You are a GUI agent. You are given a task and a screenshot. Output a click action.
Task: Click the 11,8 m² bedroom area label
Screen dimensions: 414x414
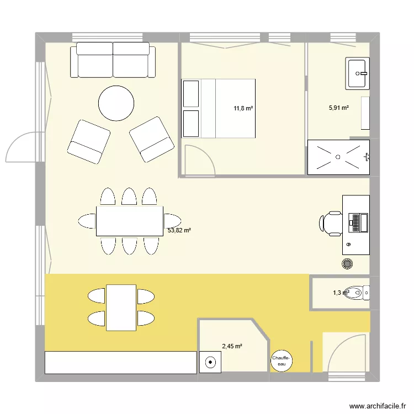(x=243, y=109)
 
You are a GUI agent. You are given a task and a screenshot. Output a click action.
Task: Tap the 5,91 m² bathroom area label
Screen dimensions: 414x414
(x=338, y=108)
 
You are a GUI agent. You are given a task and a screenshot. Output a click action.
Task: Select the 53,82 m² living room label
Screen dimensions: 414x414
(x=179, y=231)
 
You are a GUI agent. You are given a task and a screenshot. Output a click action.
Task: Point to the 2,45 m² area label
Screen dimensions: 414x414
(x=232, y=347)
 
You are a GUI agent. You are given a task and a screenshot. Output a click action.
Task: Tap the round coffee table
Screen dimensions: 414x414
(x=116, y=103)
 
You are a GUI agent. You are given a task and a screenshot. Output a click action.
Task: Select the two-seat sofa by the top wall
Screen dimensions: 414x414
(x=113, y=60)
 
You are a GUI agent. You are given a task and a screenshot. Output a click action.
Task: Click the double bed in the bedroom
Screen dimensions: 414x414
(x=227, y=108)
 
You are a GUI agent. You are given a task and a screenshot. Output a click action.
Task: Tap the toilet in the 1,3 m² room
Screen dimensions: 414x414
(x=362, y=293)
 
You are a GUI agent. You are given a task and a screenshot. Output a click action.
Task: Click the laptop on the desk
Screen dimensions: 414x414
(x=356, y=222)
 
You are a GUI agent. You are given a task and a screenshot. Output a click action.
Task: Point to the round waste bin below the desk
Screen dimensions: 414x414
(x=348, y=264)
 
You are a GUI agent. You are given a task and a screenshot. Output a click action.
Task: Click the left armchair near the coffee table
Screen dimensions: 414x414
(x=88, y=141)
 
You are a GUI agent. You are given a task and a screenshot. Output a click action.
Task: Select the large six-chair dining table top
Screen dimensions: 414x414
(x=130, y=221)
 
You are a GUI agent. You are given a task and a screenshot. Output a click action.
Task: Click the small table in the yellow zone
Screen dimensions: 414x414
(x=121, y=307)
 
